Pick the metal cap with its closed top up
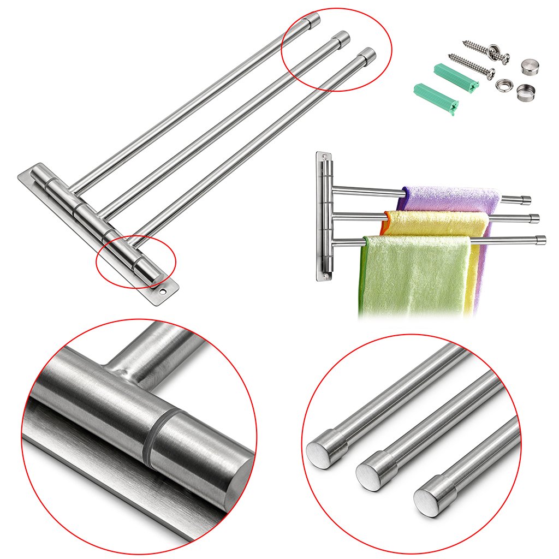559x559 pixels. (x=528, y=67)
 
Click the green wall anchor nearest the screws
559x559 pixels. (x=455, y=76)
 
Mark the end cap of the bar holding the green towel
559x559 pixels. (x=540, y=239)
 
